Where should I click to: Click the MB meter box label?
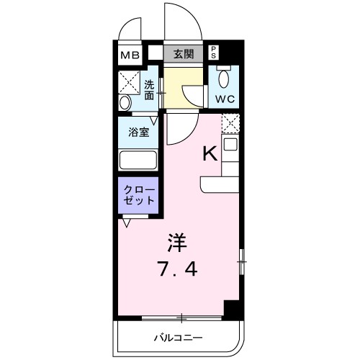130,54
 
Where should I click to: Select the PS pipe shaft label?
214,53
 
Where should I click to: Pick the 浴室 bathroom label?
138,132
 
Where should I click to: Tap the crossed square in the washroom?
130,79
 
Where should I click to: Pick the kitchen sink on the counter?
230,145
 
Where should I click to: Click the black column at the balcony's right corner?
232,310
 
